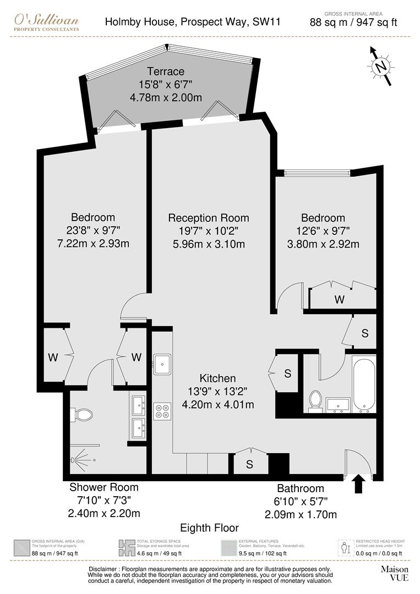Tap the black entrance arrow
click(358, 484)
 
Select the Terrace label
click(166, 71)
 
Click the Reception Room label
click(208, 218)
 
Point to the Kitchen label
click(217, 378)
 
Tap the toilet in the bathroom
click(315, 400)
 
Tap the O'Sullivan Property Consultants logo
click(47, 23)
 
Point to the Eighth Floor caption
click(209, 528)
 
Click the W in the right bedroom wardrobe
click(340, 300)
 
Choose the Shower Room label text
click(104, 487)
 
